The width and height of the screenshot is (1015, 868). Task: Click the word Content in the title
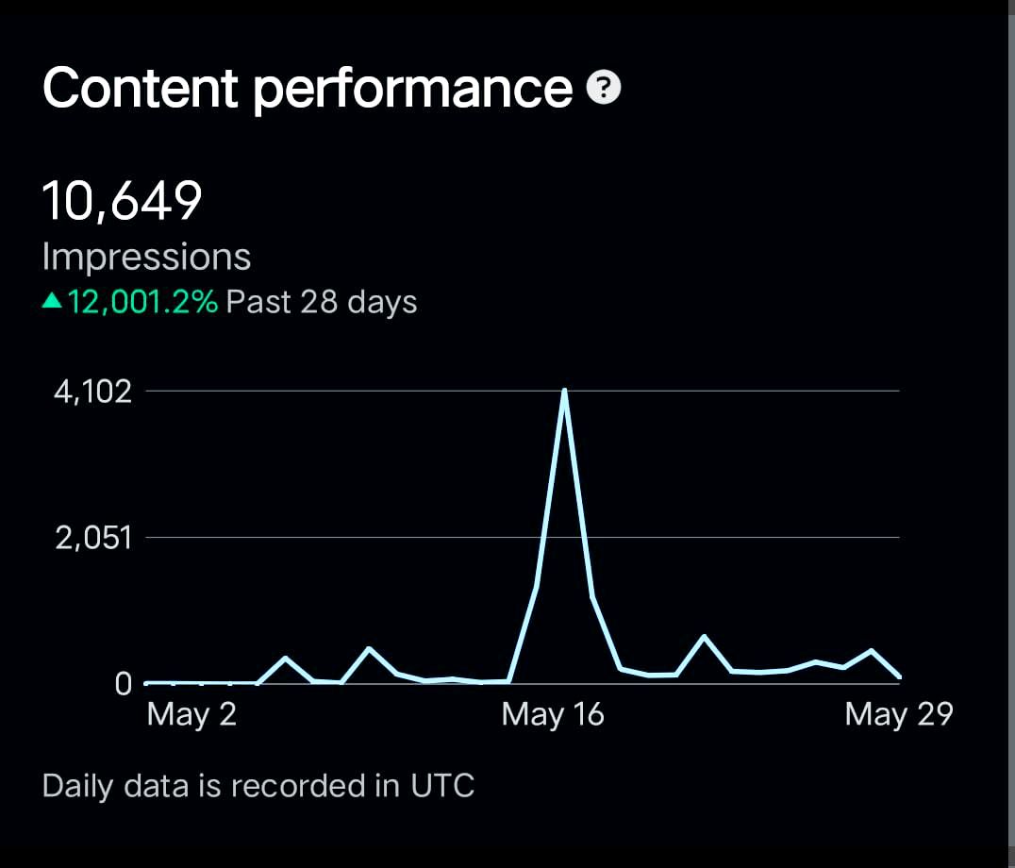point(141,89)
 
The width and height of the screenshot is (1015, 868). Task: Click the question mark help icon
point(604,89)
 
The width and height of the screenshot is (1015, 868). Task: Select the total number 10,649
point(123,201)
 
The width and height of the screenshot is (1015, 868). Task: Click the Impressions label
point(147,257)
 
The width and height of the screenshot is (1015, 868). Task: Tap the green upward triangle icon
point(53,302)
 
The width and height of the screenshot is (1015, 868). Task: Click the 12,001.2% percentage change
point(142,302)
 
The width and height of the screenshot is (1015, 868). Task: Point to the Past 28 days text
point(322,302)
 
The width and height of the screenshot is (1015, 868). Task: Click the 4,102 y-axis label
point(93,392)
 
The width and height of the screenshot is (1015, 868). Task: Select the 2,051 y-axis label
point(93,539)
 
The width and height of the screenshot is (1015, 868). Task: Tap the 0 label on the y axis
point(124,684)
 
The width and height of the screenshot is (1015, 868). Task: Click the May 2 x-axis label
point(191,714)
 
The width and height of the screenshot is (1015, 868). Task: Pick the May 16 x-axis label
point(553,714)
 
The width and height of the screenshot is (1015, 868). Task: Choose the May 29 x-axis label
point(898,714)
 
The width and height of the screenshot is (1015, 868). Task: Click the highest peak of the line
point(564,392)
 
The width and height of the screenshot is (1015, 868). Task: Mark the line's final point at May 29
point(899,676)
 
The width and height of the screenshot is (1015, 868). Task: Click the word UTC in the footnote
point(442,785)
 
